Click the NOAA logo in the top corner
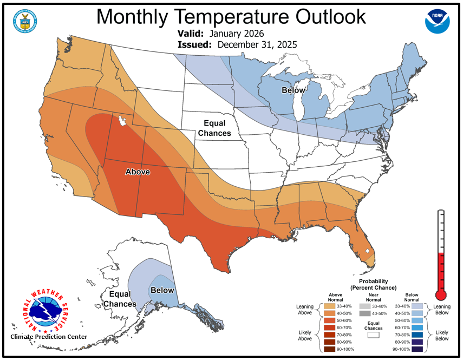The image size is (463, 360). pos(437,21)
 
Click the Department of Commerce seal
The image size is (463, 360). pos(24,21)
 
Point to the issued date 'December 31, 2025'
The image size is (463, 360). pos(257,44)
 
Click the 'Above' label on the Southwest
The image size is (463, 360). pos(138,172)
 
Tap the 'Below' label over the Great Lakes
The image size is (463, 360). pos(293,90)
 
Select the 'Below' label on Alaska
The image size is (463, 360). pos(162,291)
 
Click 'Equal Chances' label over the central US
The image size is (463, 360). pos(214,128)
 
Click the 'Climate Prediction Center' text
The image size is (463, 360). pos(49,337)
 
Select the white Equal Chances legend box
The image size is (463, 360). pos(373,335)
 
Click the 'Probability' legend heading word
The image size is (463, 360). pos(373,282)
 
